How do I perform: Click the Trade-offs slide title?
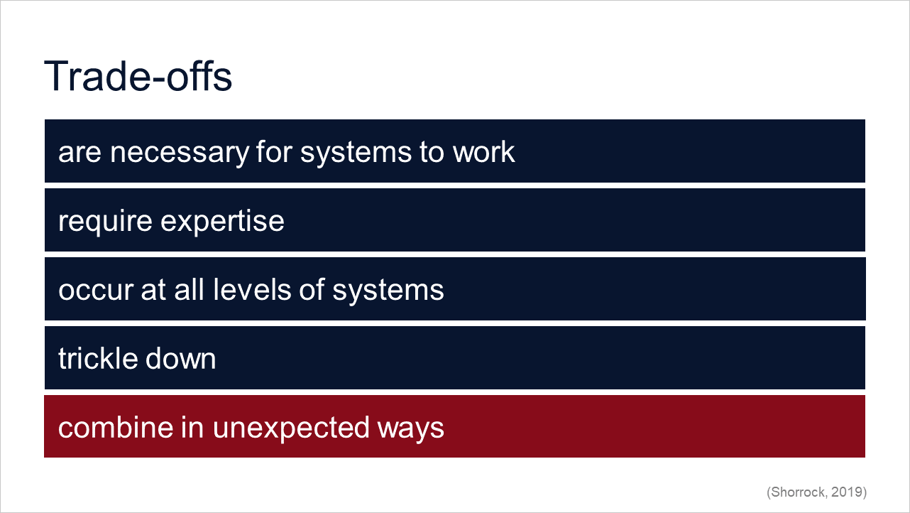click(x=138, y=76)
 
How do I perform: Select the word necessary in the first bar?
click(x=179, y=153)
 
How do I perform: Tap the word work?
click(x=483, y=152)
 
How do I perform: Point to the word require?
click(x=105, y=222)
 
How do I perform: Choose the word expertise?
click(x=222, y=222)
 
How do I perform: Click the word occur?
click(x=96, y=291)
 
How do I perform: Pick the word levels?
click(x=252, y=289)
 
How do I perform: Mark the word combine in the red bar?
click(x=116, y=427)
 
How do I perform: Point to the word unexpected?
click(x=290, y=428)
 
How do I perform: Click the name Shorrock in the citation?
click(x=798, y=492)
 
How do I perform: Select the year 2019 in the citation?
click(x=847, y=492)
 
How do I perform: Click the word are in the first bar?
click(x=80, y=153)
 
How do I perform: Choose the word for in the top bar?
click(x=274, y=152)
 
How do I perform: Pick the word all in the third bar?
click(x=189, y=289)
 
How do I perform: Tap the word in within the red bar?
click(x=192, y=427)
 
